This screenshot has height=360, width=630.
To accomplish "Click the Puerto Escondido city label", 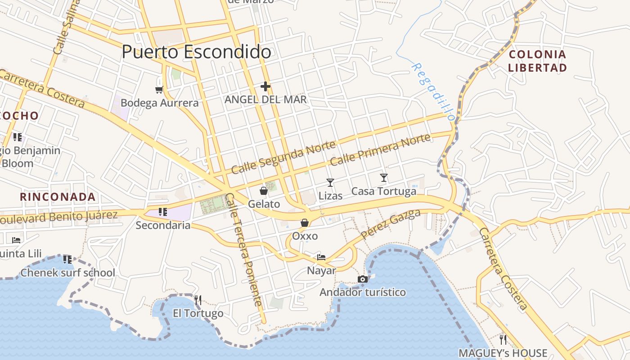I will pos(196,52).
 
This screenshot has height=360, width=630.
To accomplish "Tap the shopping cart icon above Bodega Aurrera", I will pos(159,89).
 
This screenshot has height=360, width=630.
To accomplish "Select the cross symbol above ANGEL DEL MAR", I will pos(265,86).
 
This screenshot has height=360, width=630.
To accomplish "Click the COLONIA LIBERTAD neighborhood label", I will pos(537,61).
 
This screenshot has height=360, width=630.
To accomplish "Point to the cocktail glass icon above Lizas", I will pos(330,182).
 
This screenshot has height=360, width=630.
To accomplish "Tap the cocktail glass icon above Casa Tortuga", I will pos(384,178).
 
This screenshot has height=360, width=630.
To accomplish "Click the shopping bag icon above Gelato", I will pos(264,191).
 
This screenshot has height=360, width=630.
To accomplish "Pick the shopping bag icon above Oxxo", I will pos(305,223).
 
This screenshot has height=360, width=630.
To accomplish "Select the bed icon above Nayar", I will pos(321,257).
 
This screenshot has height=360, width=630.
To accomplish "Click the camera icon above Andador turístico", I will pos(363,279).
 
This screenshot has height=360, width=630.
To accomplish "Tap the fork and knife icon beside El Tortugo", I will pos(198,300).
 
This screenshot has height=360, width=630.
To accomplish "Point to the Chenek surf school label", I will pos(68,273).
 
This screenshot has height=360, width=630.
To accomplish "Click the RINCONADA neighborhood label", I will pos(58,197).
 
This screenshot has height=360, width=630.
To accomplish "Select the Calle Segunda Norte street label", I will pos(283,157).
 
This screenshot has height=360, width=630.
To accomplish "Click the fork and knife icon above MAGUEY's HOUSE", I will pos(503,339).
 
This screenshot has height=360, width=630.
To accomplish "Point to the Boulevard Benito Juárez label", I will pos(58,217).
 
